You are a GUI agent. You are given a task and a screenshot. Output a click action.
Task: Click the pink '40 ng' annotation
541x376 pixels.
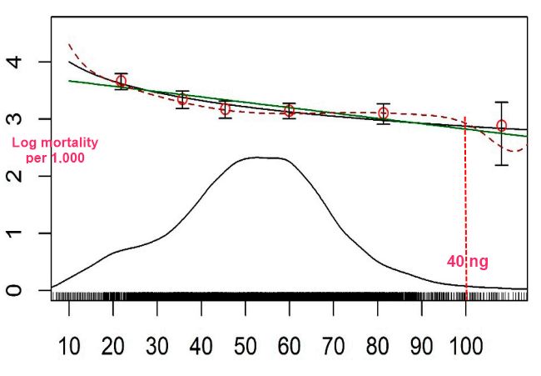coord(468,262)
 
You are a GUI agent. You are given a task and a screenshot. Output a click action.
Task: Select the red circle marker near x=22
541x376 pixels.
coord(122,81)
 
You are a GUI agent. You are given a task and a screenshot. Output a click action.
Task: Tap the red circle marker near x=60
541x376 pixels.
coord(289,111)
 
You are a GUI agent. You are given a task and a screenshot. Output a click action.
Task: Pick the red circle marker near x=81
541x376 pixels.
coord(383,113)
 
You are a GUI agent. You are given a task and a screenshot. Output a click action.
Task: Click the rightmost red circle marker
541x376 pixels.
coord(501,126)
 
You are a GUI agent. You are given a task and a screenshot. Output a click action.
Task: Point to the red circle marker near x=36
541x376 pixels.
coord(182,99)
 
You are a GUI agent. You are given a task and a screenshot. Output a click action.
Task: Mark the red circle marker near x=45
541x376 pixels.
coord(225,109)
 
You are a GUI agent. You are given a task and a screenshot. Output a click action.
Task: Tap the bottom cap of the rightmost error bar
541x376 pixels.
coord(501,165)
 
